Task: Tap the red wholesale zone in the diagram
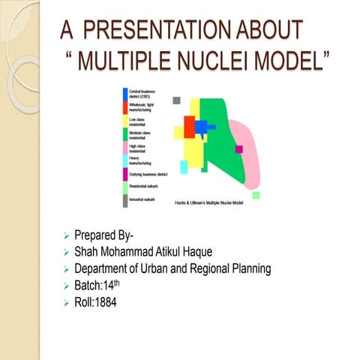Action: pyautogui.click(x=189, y=127)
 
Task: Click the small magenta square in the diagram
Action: pyautogui.click(x=239, y=149)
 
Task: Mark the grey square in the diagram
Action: pyautogui.click(x=177, y=100)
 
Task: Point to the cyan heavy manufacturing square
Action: pyautogui.click(x=184, y=166)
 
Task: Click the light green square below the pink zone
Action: pyautogui.click(x=256, y=195)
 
